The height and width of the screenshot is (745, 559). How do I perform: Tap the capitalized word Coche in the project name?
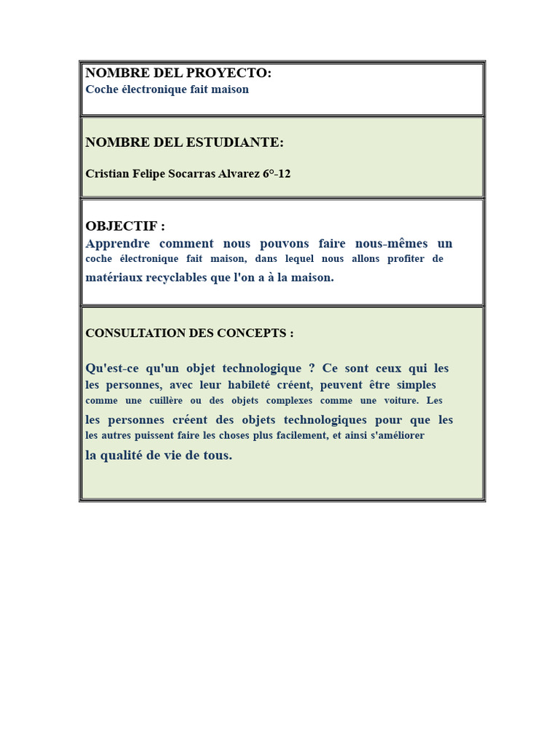100,89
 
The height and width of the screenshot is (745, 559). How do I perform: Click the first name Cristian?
106,174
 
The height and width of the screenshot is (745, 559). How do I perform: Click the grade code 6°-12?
277,174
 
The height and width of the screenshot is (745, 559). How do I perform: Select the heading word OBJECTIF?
122,226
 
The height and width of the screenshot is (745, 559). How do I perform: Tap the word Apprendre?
118,244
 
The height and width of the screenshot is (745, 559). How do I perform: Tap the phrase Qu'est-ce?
112,368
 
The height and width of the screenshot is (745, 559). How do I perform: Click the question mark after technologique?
312,368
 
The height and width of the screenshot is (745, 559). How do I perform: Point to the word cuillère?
165,401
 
